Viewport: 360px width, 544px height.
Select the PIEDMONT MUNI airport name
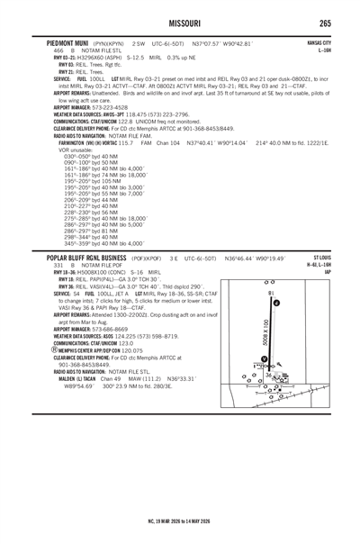(x=65, y=42)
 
